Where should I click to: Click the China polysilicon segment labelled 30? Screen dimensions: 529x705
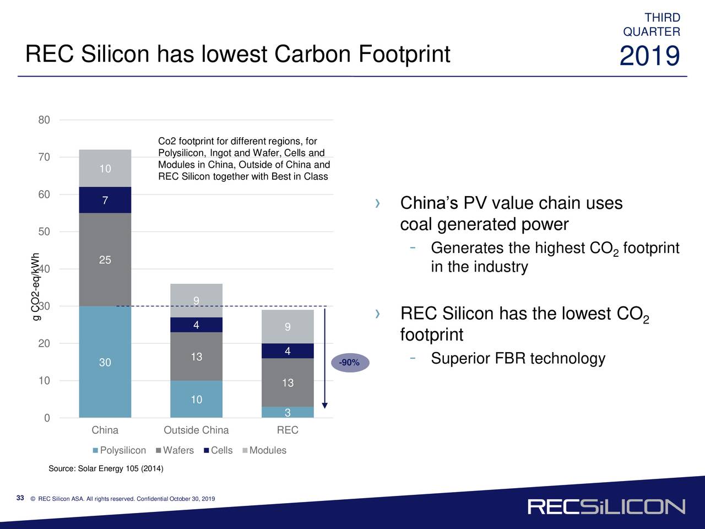(x=105, y=362)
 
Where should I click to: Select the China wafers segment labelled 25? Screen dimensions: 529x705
(x=105, y=260)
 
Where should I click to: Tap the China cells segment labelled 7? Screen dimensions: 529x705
(x=105, y=200)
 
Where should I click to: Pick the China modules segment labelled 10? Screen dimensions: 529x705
(x=105, y=169)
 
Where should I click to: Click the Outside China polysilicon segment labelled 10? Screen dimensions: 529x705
(x=196, y=399)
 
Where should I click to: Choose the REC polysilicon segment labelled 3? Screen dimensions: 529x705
(x=288, y=413)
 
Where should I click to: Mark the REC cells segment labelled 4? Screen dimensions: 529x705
(x=288, y=351)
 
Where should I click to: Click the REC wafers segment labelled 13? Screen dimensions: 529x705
(x=288, y=382)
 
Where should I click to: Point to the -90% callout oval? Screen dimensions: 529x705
(x=349, y=363)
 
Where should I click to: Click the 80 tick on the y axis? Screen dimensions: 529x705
(x=44, y=120)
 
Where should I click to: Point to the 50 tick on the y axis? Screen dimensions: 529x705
(x=44, y=231)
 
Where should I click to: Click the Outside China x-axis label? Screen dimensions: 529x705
(x=196, y=430)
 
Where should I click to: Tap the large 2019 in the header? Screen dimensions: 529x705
(x=649, y=56)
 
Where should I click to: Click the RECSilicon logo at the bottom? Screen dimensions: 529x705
(x=606, y=507)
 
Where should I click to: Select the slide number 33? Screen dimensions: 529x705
(x=20, y=498)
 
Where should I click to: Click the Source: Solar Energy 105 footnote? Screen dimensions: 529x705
(x=106, y=469)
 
